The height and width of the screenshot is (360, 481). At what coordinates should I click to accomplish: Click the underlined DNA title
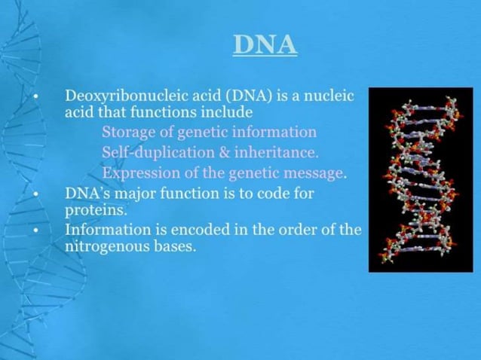[x=265, y=44]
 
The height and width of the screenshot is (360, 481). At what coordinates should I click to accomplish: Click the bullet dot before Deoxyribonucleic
[x=35, y=97]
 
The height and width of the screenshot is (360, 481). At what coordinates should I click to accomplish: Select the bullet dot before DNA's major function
[x=35, y=194]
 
